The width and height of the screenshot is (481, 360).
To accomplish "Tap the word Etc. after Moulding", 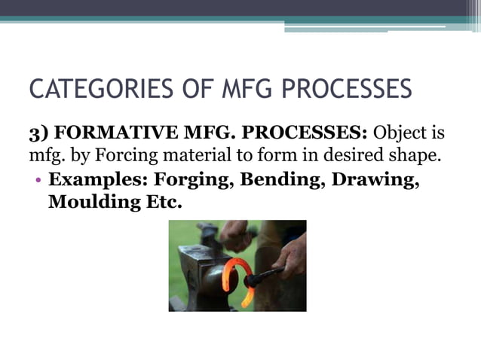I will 157,204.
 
